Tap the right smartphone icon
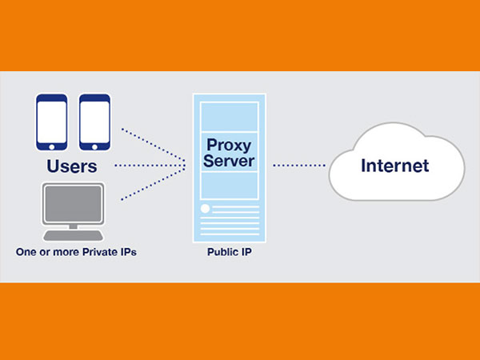(x=94, y=122)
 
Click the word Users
(x=72, y=168)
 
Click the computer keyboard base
(x=73, y=236)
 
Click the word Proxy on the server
(x=230, y=145)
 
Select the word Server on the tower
(x=230, y=162)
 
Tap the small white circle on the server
(x=206, y=209)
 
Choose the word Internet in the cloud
(x=394, y=166)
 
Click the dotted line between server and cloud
(x=300, y=166)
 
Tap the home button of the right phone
(x=94, y=148)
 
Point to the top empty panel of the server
(x=230, y=118)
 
